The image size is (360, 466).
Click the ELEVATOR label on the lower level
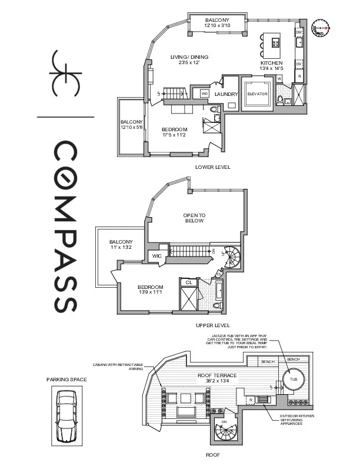(257, 94)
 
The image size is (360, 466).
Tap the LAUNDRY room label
(226, 94)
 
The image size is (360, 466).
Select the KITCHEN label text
(272, 63)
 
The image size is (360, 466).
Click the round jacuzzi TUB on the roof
(294, 380)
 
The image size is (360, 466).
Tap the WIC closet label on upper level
(157, 256)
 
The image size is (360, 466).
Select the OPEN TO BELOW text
(194, 218)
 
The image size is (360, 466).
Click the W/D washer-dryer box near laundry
(204, 94)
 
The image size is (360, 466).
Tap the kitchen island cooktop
(275, 43)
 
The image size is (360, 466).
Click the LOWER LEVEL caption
(212, 167)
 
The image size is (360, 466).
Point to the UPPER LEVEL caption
(212, 325)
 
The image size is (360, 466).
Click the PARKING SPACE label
(66, 380)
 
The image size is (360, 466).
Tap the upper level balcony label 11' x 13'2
(121, 245)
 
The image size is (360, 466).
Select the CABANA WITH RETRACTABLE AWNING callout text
(118, 367)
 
